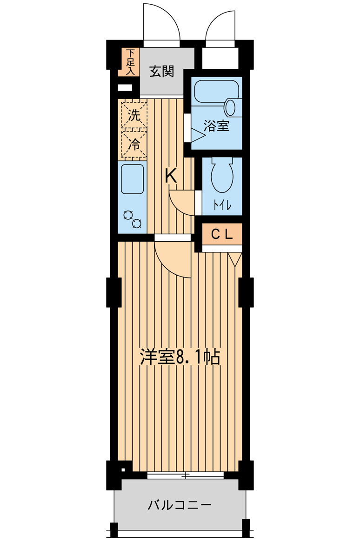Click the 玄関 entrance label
point(161,72)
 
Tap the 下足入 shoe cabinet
point(129,62)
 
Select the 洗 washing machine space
point(134,114)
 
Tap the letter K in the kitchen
point(171,176)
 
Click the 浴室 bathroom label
point(216,126)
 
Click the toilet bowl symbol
point(222,176)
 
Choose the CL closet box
point(222,234)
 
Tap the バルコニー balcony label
point(180,506)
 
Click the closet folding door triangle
point(235,259)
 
